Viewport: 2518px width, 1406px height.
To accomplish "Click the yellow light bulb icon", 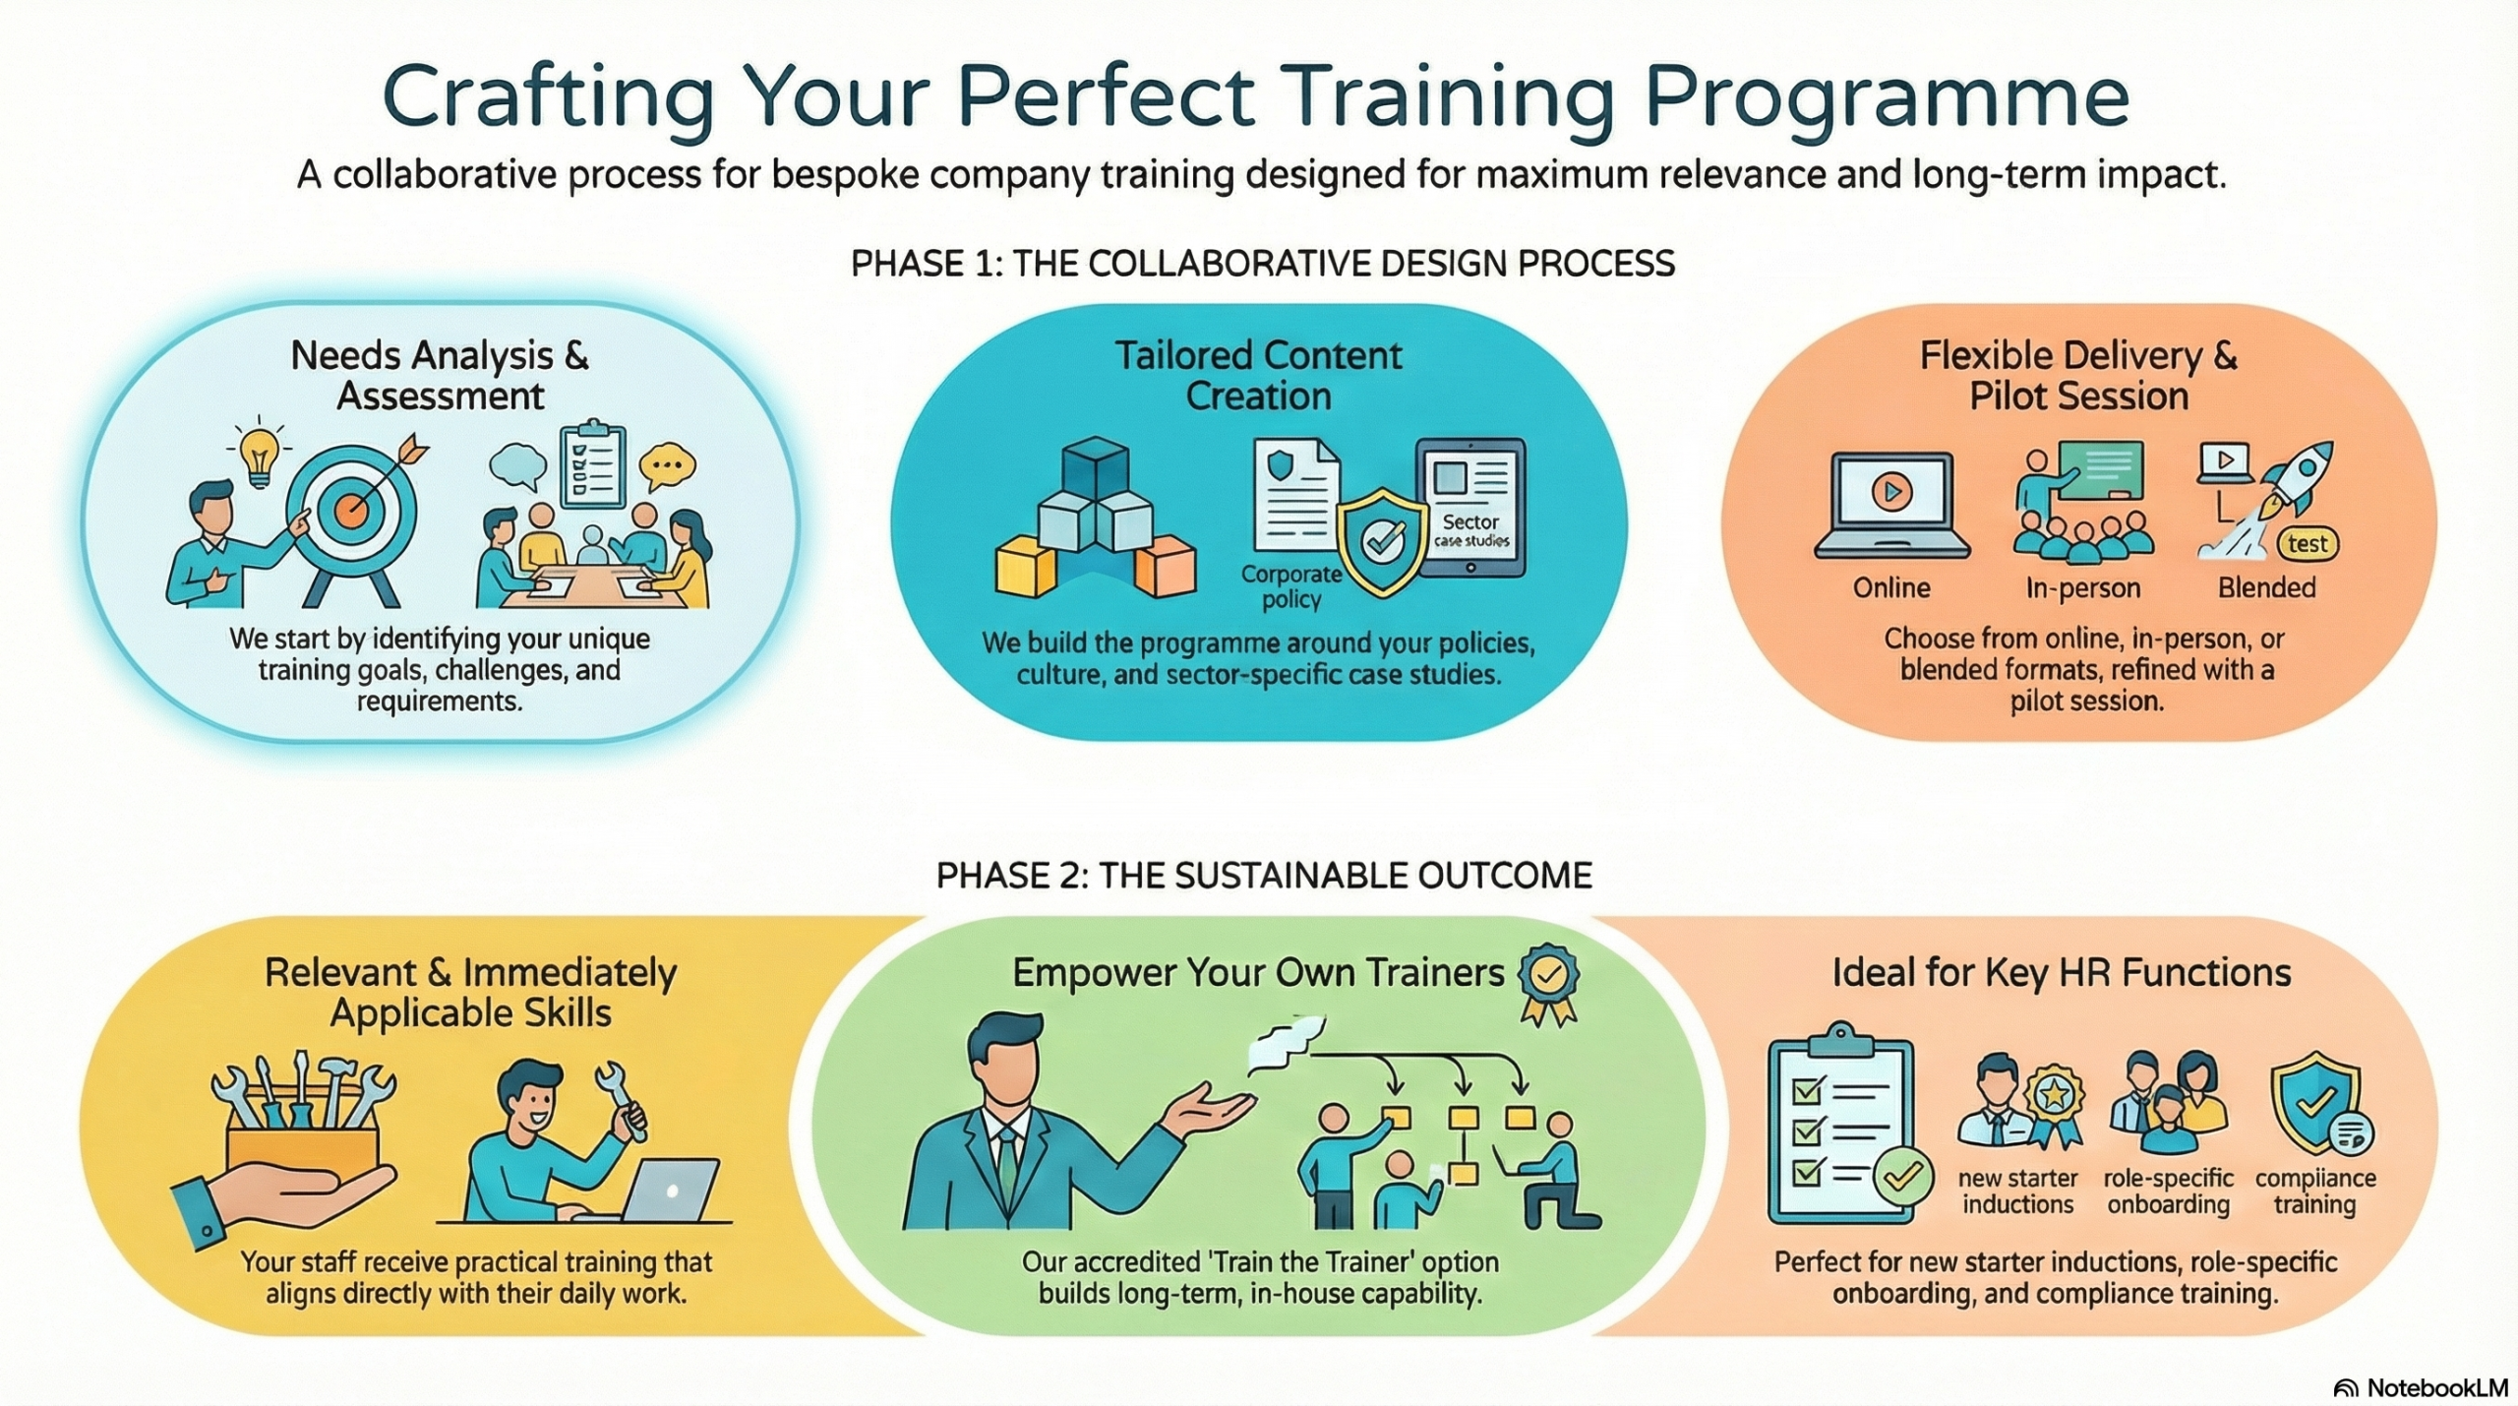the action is click(x=258, y=457).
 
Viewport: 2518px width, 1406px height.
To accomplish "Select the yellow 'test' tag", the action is click(x=2308, y=544).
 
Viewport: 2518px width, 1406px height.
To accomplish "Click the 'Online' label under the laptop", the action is click(x=1891, y=587).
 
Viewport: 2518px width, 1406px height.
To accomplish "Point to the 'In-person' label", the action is click(x=2082, y=587).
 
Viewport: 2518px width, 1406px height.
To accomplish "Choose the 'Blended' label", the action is click(x=2266, y=587).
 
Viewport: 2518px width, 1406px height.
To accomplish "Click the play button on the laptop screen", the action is click(x=1891, y=491).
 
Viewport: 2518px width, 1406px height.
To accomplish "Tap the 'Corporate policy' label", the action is click(x=1291, y=586).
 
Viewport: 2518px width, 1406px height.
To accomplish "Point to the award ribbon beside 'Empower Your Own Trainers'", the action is click(x=1548, y=985).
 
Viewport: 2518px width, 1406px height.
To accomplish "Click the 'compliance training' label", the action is click(x=2314, y=1192).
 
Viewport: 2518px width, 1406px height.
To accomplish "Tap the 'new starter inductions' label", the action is click(x=2017, y=1192).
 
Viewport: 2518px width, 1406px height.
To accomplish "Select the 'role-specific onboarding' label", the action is click(x=2168, y=1192).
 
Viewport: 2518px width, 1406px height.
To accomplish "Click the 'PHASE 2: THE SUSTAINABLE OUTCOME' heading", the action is click(x=1264, y=876).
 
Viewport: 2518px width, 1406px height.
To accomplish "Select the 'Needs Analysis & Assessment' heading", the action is click(x=440, y=376).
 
